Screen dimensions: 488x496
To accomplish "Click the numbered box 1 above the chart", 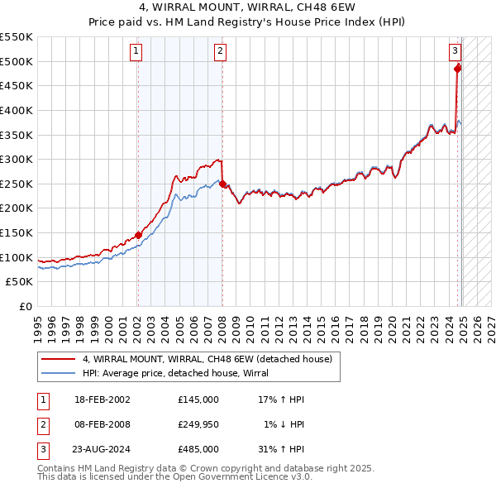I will pos(136,51).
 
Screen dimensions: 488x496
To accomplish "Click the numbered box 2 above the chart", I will pos(221,51).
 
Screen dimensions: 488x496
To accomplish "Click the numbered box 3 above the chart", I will pos(455,51).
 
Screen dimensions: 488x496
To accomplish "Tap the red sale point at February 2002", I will pos(138,235).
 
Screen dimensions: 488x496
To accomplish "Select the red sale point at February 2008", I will pos(222,184).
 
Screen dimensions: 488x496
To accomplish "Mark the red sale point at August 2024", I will pos(458,69).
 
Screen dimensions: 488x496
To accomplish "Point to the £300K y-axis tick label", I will pos(17,159).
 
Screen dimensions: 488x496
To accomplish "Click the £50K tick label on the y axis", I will pos(20,282).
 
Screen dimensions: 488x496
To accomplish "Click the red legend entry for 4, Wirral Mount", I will pos(207,359).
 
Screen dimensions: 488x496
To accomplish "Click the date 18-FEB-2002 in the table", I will pos(102,399).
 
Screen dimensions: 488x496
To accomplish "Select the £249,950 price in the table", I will pos(198,424).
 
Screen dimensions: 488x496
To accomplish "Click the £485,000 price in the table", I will pos(198,449).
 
